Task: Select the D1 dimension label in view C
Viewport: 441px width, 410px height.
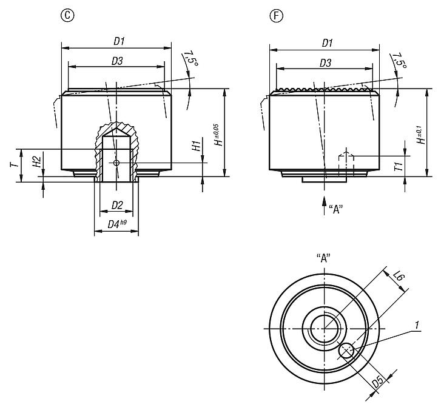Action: tap(119, 41)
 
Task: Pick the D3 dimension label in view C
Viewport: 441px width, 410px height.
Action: tap(117, 61)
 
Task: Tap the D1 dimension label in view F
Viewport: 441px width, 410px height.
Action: tap(327, 42)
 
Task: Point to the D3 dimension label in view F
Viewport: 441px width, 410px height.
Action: tap(325, 62)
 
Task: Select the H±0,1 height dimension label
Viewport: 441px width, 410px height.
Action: tap(420, 133)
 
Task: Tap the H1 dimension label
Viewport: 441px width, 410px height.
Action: tap(195, 146)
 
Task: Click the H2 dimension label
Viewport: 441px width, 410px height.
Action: tap(36, 161)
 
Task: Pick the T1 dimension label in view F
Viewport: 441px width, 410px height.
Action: tap(398, 166)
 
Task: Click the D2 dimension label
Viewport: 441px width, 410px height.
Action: tap(117, 205)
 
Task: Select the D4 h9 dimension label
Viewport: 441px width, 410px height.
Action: tap(117, 224)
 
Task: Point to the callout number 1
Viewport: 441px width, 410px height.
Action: tap(417, 326)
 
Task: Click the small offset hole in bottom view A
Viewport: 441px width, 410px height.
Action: tap(346, 350)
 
